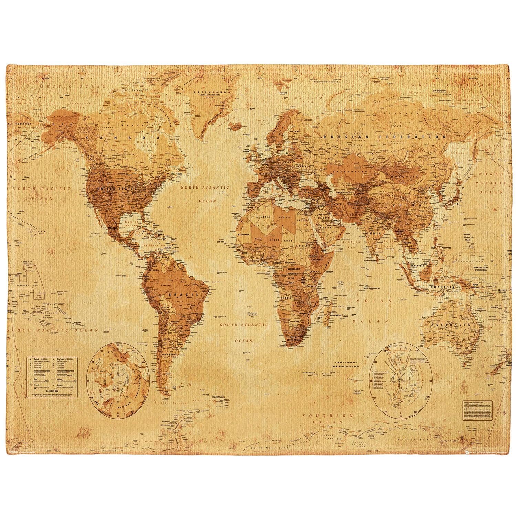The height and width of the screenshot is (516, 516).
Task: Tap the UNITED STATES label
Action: click(116, 189)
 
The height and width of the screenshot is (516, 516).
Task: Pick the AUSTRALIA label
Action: click(448, 325)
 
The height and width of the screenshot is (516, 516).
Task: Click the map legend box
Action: click(53, 377)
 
